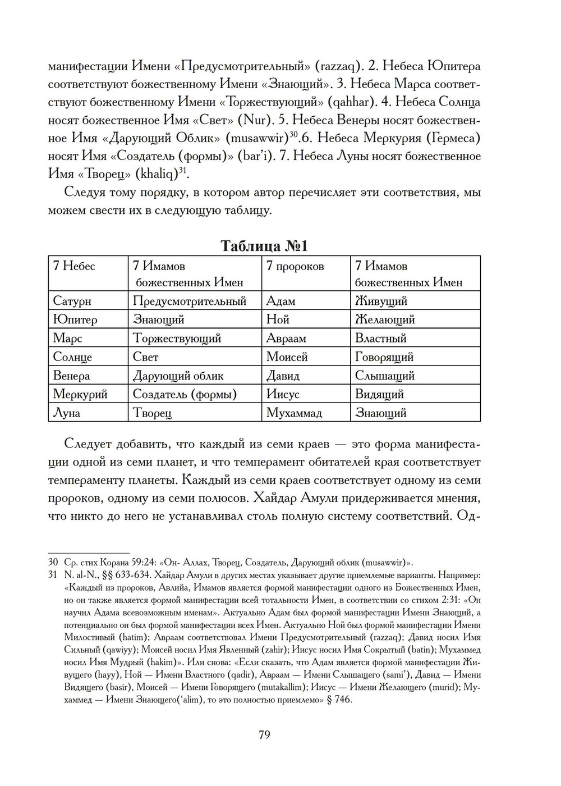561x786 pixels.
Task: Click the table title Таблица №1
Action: (x=264, y=246)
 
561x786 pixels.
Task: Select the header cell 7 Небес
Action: (x=74, y=266)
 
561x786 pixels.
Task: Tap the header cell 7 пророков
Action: (x=295, y=266)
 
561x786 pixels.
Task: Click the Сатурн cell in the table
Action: (x=72, y=301)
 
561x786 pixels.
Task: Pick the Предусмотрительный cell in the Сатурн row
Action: (x=190, y=301)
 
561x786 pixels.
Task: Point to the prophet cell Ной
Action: (x=278, y=319)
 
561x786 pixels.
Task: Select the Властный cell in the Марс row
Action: (x=380, y=338)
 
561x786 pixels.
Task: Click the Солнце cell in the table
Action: (x=72, y=357)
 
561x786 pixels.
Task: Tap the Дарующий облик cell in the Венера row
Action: (x=178, y=376)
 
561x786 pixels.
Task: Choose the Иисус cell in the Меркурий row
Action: (x=283, y=394)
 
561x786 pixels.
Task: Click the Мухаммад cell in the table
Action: (x=294, y=413)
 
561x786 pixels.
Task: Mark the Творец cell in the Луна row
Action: (x=151, y=413)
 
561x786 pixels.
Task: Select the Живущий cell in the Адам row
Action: (x=381, y=301)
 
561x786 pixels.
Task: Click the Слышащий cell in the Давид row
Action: (x=384, y=376)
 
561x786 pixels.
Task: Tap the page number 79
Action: (x=264, y=734)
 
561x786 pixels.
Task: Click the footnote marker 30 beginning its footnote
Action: (x=53, y=562)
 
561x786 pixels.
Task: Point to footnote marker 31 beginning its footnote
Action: (x=53, y=575)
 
